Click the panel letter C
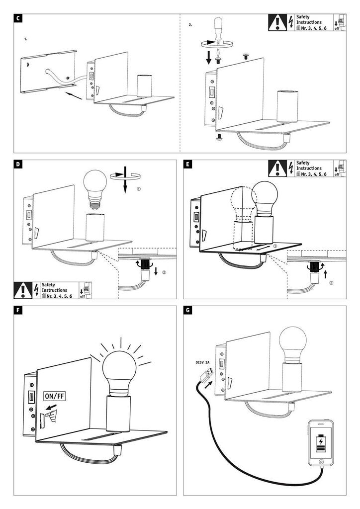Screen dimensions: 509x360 coord(18,19)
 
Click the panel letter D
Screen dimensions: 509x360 coord(18,165)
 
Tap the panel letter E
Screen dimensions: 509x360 coord(187,165)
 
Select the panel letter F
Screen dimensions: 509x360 coord(18,311)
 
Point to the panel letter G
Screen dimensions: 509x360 coord(187,311)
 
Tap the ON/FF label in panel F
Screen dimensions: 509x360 coord(54,396)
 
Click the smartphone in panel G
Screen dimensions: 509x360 coord(321,443)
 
